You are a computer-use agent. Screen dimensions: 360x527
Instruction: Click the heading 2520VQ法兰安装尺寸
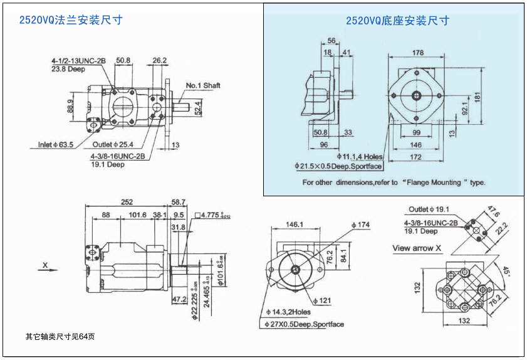(70, 20)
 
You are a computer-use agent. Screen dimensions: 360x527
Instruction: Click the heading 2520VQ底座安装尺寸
(397, 21)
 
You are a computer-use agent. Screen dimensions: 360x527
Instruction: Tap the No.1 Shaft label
(203, 85)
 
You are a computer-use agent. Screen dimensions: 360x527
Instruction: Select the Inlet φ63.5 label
(56, 145)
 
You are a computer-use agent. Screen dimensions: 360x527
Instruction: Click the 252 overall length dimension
(127, 202)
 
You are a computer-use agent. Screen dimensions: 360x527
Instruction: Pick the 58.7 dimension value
(179, 202)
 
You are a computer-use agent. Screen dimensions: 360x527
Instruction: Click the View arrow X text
(417, 248)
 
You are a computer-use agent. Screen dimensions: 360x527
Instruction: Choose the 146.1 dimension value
(295, 225)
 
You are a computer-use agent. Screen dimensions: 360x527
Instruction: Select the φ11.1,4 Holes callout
(359, 156)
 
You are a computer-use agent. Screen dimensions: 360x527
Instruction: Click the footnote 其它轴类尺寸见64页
(60, 336)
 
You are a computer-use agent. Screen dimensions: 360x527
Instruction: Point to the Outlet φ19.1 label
(429, 209)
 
